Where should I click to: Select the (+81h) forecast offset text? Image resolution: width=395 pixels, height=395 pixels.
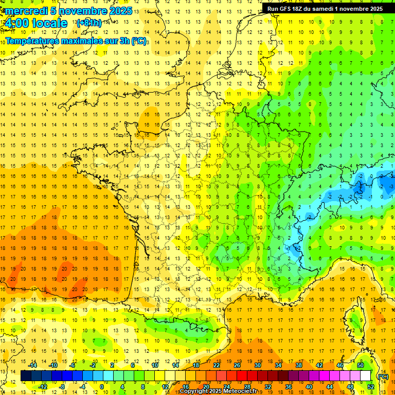pos(88,23)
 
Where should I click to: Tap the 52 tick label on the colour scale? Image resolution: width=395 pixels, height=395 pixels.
pos(370,387)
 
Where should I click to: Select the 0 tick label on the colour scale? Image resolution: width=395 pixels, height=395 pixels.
pos(102,387)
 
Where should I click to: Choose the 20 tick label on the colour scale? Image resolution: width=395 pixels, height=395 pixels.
pos(206,387)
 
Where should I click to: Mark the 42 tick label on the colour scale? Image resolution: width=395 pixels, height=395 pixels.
pos(319,365)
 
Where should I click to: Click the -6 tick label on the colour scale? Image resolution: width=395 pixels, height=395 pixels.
pos(73,365)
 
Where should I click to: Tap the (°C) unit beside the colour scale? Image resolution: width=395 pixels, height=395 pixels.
pos(383,376)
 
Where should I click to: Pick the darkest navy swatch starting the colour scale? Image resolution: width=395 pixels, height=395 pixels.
pos(26,376)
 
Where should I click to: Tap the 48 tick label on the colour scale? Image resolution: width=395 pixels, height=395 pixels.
pos(350,387)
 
